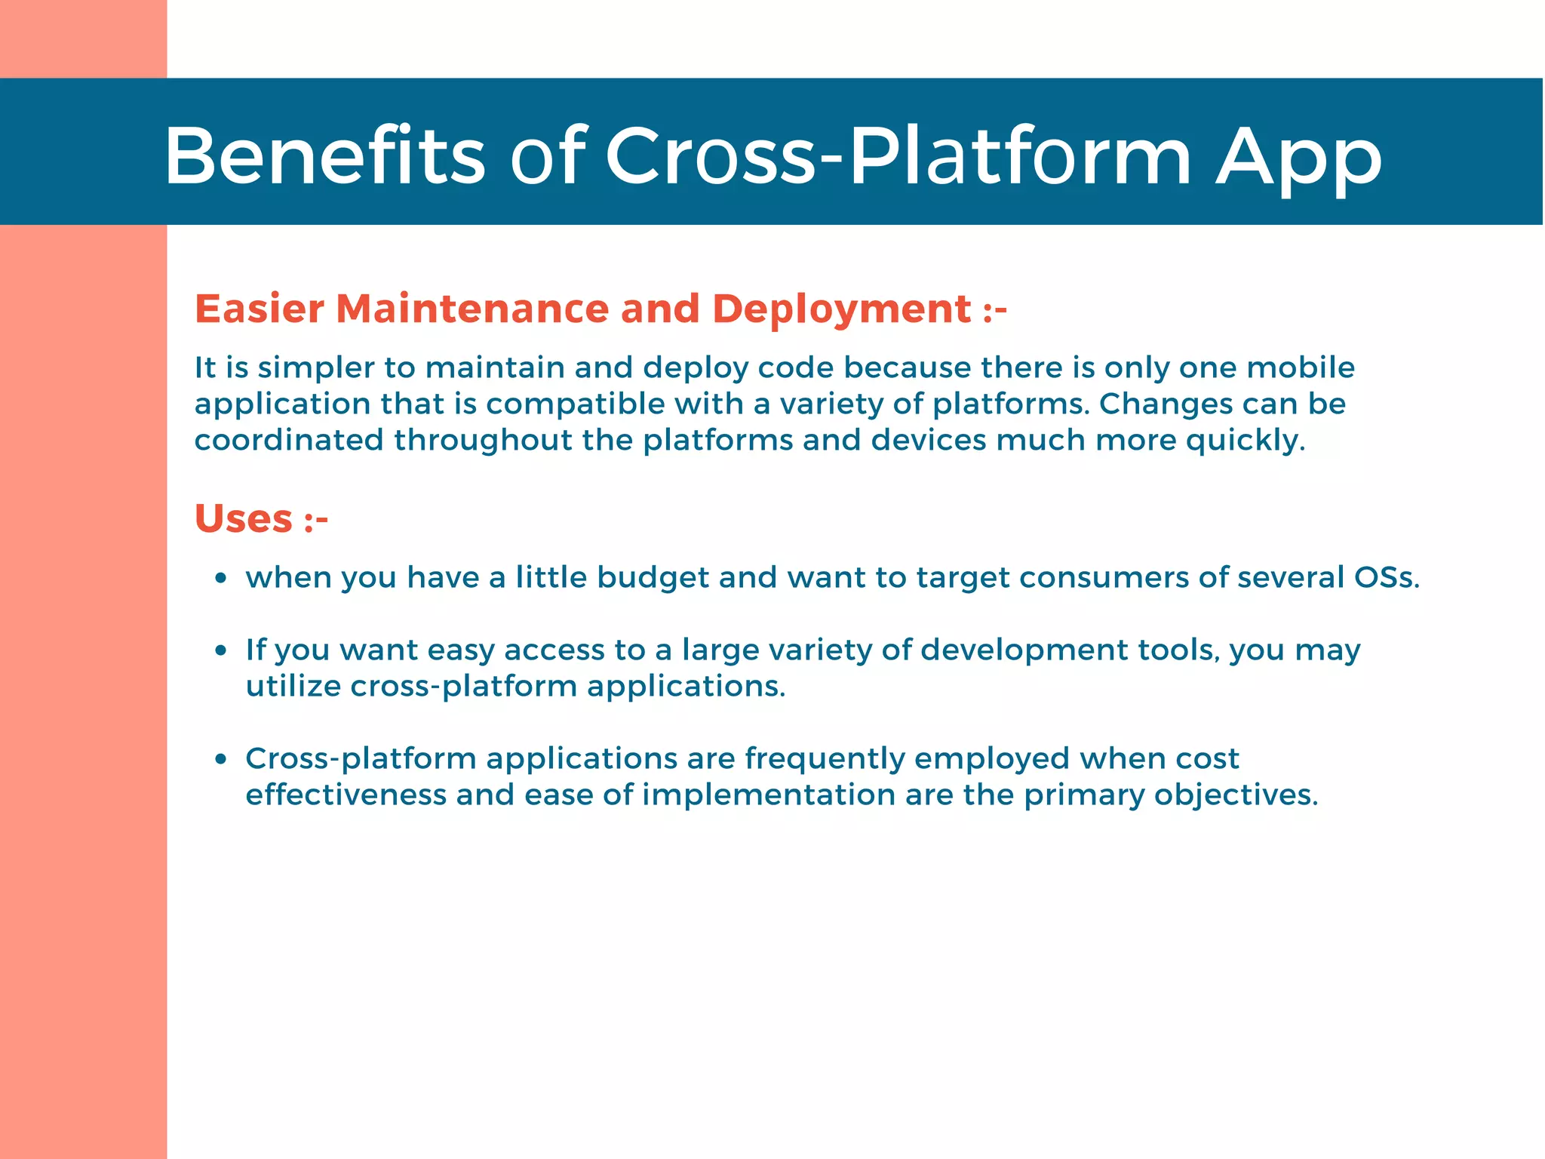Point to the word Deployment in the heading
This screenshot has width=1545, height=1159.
841,309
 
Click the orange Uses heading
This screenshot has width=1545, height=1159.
244,519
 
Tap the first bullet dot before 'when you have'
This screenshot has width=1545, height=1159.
220,579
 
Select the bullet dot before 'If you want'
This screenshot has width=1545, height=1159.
220,650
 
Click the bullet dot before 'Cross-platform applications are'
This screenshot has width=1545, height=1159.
220,759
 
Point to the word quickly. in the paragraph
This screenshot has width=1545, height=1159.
1245,441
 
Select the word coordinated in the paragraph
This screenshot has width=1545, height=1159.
289,441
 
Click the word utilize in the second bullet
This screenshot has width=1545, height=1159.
293,687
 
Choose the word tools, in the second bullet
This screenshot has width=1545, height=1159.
1178,650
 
